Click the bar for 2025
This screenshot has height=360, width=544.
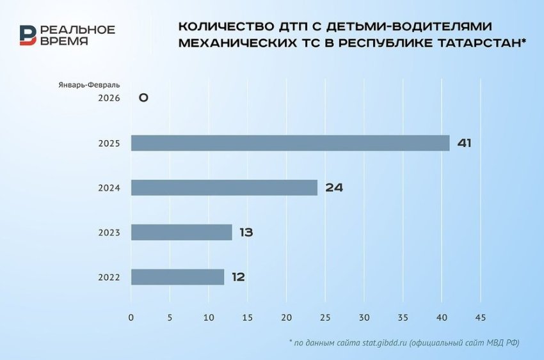pyautogui.click(x=290, y=143)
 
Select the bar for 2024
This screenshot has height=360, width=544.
pyautogui.click(x=224, y=187)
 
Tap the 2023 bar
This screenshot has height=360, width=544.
pyautogui.click(x=181, y=232)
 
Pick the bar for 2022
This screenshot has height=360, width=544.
pyautogui.click(x=177, y=277)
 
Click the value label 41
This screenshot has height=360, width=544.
pyautogui.click(x=464, y=143)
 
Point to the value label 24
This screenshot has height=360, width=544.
pyautogui.click(x=334, y=188)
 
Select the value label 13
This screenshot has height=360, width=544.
pyautogui.click(x=246, y=233)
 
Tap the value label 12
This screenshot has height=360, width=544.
pyautogui.click(x=238, y=278)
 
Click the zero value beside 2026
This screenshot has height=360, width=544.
pyautogui.click(x=143, y=98)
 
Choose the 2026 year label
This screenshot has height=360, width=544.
pyautogui.click(x=109, y=98)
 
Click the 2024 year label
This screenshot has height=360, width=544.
pyautogui.click(x=109, y=188)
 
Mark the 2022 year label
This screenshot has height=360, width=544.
pyautogui.click(x=109, y=278)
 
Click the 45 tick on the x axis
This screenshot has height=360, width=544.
pyautogui.click(x=481, y=317)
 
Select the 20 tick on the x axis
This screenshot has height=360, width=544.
pyautogui.click(x=286, y=317)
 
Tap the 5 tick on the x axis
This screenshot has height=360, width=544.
pyautogui.click(x=170, y=317)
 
